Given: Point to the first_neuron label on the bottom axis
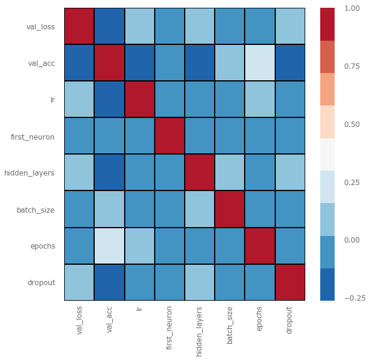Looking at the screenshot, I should pyautogui.click(x=170, y=327).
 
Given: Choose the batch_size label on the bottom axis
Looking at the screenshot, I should pyautogui.click(x=230, y=324).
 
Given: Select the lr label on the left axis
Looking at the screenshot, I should pyautogui.click(x=53, y=100).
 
